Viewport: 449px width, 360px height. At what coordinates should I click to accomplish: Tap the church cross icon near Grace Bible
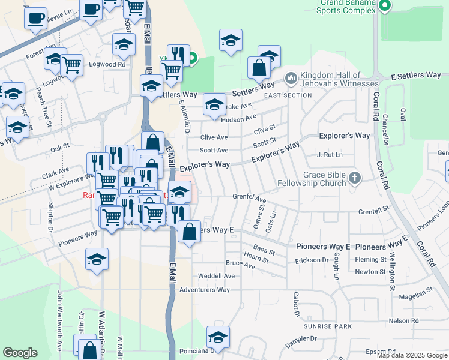(x=355, y=178)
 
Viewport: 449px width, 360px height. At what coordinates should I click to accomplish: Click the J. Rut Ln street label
(x=330, y=155)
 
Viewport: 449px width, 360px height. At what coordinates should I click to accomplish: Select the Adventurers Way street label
(x=205, y=290)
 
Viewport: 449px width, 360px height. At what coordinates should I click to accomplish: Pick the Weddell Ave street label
(x=217, y=276)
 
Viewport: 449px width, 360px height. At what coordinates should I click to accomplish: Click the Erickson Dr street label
(x=312, y=261)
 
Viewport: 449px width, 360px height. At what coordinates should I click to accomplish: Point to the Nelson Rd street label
(x=403, y=321)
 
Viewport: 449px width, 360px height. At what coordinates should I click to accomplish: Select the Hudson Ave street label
(x=238, y=119)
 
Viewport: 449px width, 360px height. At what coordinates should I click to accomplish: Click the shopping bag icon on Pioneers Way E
(x=189, y=232)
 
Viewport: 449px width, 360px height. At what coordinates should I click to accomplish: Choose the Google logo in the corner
(x=20, y=353)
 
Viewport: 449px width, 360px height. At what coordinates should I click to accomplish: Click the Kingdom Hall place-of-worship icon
(x=291, y=78)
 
